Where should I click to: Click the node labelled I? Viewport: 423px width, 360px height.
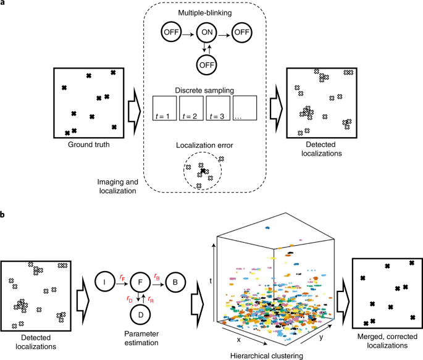pos(106,285)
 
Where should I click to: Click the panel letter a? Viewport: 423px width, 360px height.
pos(4,4)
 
